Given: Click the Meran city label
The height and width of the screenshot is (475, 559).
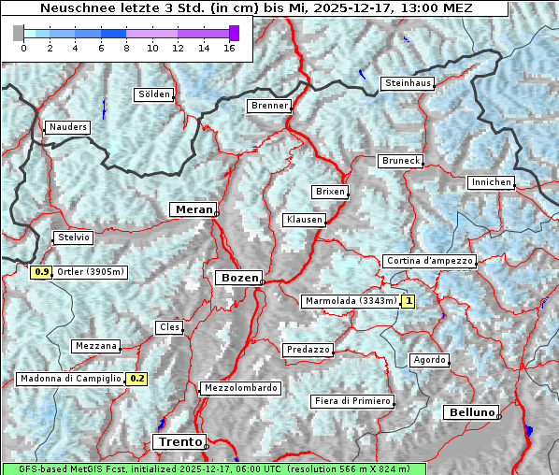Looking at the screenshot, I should pos(193,209).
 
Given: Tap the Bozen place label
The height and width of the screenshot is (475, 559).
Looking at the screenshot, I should pos(238,278).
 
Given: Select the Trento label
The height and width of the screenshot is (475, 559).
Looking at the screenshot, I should pos(179,441).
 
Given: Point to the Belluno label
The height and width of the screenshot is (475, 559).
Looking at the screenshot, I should pos(471,411).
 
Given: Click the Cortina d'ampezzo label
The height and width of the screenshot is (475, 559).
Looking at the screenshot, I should pos(429,261).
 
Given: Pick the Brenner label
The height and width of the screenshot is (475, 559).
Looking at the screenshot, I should pos(270,106).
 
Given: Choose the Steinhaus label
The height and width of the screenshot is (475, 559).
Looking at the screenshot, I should pos(408,83).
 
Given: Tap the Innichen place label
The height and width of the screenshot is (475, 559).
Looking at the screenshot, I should pos(491,182).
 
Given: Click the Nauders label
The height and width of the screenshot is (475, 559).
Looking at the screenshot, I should pos(67,127).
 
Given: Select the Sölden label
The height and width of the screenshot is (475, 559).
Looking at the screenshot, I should pos(154,94).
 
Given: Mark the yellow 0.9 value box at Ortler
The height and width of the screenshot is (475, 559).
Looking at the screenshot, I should pos(41,272).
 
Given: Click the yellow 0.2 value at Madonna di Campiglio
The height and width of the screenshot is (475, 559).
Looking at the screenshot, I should pos(136,379).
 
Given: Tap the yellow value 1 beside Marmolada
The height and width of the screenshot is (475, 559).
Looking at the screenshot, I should pos(408,301).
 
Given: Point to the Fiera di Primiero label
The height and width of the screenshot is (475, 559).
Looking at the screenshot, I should pos(352,401).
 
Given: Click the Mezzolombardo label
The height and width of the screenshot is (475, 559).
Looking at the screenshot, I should pos(239,387).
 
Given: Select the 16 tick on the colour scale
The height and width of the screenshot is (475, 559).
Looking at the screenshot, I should pos(229,49).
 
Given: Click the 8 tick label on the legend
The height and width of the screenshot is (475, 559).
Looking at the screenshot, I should pos(126,49).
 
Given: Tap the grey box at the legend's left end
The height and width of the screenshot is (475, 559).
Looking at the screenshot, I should pos(19,33).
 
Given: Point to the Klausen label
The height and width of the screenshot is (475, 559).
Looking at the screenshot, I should pos(304,220).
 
